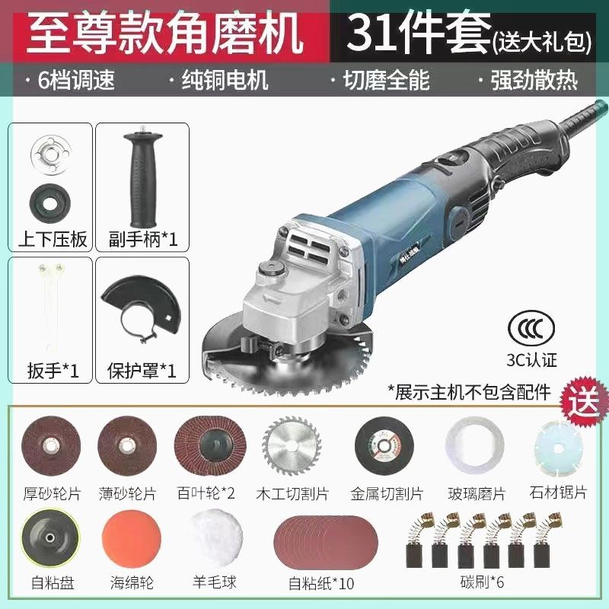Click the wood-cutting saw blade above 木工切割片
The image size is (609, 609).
(x=285, y=447)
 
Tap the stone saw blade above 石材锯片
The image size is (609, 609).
(x=560, y=447)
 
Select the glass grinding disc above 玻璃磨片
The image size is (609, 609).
(x=476, y=447)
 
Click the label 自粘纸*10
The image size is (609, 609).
(x=321, y=584)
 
